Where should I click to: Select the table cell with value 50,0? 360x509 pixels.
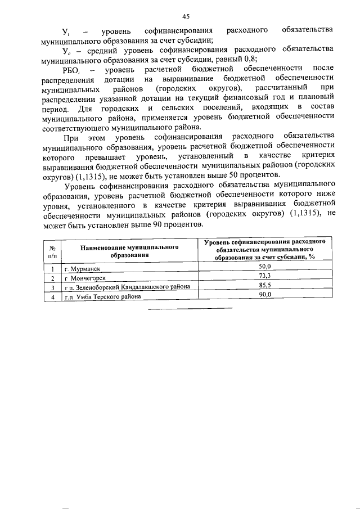click(264, 266)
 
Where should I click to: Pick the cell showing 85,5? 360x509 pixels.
click(264, 285)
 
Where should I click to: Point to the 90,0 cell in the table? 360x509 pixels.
click(264, 294)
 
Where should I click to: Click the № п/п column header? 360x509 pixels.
click(52, 250)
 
